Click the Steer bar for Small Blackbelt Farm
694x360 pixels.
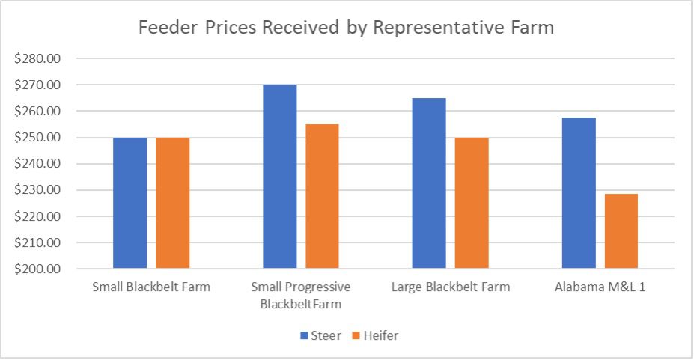point(130,203)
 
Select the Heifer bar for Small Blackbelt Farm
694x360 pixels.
point(172,203)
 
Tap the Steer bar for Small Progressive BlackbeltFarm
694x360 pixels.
point(279,177)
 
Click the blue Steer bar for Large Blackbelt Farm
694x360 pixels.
point(429,183)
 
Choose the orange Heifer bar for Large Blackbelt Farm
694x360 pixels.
point(472,203)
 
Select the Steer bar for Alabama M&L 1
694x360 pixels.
point(579,193)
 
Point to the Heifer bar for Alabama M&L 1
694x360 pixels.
point(621,231)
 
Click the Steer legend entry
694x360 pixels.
point(321,335)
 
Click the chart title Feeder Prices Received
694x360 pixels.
point(347,29)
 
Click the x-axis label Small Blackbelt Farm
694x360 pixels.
point(151,287)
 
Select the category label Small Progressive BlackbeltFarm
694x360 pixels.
point(300,295)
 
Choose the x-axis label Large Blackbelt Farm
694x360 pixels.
point(451,287)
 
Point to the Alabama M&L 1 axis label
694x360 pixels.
point(600,287)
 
